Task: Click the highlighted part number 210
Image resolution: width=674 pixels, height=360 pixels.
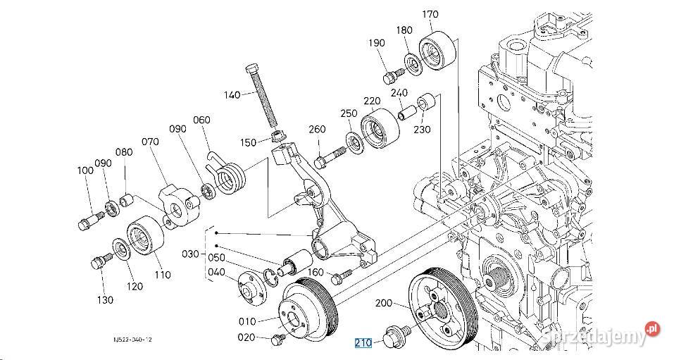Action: click(363, 343)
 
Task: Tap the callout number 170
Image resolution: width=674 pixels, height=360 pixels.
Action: click(430, 13)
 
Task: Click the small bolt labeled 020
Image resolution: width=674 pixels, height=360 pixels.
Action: click(276, 340)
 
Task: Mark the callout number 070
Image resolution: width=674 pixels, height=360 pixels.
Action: click(151, 141)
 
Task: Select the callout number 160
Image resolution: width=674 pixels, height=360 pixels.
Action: click(316, 272)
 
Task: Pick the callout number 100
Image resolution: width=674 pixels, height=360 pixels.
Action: click(85, 170)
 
